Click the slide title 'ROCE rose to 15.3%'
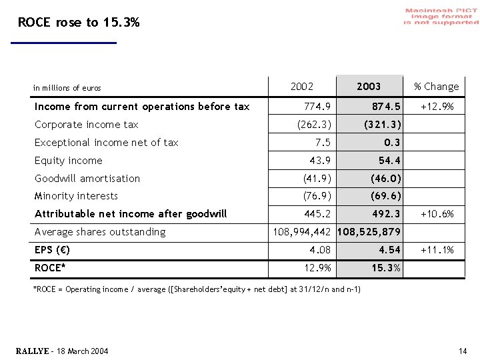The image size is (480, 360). pyautogui.click(x=79, y=23)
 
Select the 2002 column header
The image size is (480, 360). pyautogui.click(x=302, y=86)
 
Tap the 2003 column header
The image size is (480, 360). pyautogui.click(x=369, y=86)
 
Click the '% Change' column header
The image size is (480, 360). pyautogui.click(x=436, y=86)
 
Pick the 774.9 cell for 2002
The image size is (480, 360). pyautogui.click(x=317, y=107)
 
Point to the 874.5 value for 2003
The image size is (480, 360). pyautogui.click(x=387, y=107)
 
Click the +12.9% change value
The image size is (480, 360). pyautogui.click(x=437, y=107)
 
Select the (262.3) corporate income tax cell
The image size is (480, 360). pyautogui.click(x=313, y=125)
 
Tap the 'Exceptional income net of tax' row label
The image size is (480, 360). pyautogui.click(x=107, y=143)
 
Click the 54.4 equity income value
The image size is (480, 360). pyautogui.click(x=389, y=161)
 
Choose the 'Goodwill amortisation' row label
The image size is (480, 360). pyautogui.click(x=87, y=179)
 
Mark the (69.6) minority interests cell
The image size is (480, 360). pyautogui.click(x=386, y=196)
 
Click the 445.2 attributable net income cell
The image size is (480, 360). pyautogui.click(x=317, y=214)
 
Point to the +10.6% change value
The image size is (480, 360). pyautogui.click(x=437, y=214)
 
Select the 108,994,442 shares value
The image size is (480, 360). pyautogui.click(x=302, y=232)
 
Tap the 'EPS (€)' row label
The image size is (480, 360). pyautogui.click(x=53, y=250)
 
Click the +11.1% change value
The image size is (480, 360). pyautogui.click(x=437, y=250)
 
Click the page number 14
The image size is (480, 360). pyautogui.click(x=463, y=351)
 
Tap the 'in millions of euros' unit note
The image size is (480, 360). pyautogui.click(x=67, y=88)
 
